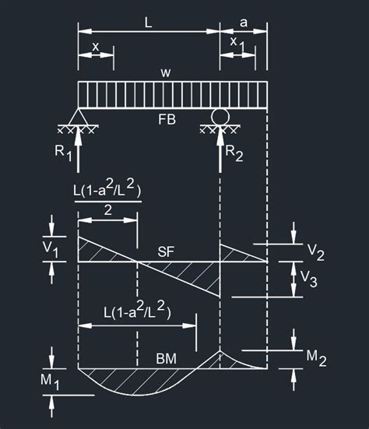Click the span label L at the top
pos(148,23)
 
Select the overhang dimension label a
pos(243,23)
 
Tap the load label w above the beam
pos(166,73)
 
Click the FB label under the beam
pos(167,120)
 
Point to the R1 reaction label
pos(63,153)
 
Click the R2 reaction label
pos(234,153)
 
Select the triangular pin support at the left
pos(78,117)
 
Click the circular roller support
pos(220,117)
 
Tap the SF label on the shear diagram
pos(166,251)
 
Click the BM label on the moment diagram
pos(167,359)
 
